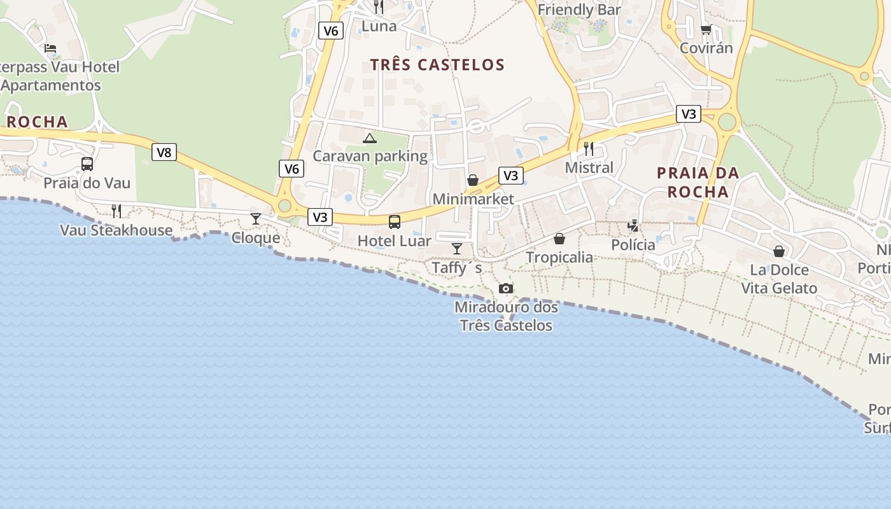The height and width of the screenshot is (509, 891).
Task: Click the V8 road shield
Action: [164, 152]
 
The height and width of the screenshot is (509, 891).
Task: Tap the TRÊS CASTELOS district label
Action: [437, 64]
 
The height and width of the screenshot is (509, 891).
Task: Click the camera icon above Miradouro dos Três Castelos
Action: [506, 288]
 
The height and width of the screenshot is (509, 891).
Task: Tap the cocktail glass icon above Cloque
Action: [256, 219]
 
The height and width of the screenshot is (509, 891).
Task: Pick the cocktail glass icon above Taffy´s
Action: [457, 248]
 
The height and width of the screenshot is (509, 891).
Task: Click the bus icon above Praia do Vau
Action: [87, 164]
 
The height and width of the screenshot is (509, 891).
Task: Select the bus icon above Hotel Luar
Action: [395, 221]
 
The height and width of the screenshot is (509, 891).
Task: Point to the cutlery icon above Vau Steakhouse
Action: [116, 211]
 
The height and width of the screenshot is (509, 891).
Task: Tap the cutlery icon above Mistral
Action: [589, 149]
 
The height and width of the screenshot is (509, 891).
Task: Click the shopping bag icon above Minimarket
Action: [473, 180]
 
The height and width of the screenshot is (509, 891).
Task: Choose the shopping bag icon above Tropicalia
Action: [559, 239]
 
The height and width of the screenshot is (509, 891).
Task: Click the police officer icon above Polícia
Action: [633, 225]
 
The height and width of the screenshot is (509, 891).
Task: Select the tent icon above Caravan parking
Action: [370, 137]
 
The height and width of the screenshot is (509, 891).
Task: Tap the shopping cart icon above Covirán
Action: [706, 29]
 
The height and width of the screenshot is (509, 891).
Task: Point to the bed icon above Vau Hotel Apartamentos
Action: [50, 48]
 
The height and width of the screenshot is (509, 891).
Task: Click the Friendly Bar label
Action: [579, 10]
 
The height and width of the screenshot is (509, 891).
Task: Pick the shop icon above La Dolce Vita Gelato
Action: [779, 251]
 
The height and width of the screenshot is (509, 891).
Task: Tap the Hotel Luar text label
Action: [394, 241]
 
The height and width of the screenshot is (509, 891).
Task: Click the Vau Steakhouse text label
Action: [116, 230]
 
